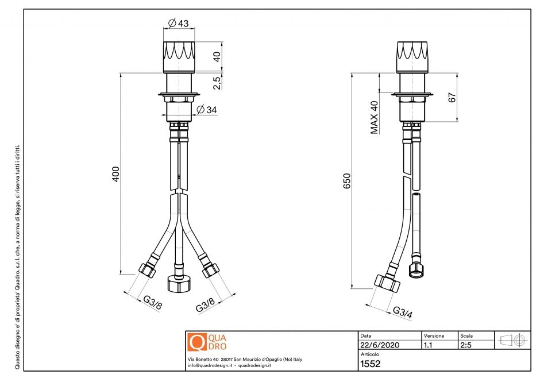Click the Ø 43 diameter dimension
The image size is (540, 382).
(x=178, y=24)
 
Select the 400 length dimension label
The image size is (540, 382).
(x=115, y=175)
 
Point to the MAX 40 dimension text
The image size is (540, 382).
(x=375, y=117)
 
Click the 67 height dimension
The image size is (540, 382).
(x=452, y=98)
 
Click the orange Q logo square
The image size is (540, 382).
(x=196, y=342)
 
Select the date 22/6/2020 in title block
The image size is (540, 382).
(x=379, y=345)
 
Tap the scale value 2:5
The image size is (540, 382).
(x=466, y=345)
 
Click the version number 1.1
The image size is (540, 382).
(x=428, y=345)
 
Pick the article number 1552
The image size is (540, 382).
(x=370, y=364)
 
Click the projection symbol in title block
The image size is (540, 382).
(x=511, y=339)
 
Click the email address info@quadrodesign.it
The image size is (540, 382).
(x=210, y=365)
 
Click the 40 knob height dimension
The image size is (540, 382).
(x=217, y=57)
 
